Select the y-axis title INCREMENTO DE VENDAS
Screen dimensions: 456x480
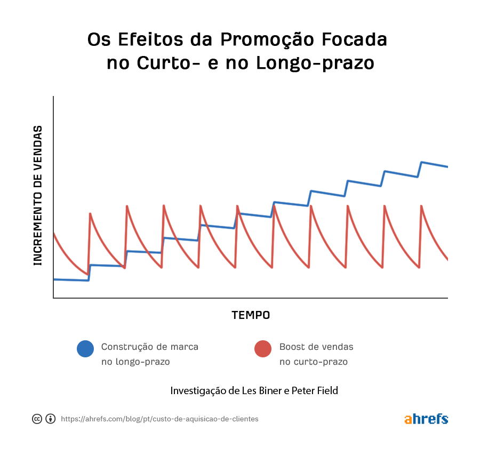click(38, 195)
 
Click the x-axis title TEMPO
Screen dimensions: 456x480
click(251, 315)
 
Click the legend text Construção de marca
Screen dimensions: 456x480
click(150, 347)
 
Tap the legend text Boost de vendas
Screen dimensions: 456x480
click(316, 347)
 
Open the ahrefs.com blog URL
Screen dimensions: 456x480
click(159, 419)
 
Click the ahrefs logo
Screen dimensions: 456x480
click(426, 419)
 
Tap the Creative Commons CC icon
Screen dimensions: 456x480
click(37, 419)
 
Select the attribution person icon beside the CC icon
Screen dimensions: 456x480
click(51, 419)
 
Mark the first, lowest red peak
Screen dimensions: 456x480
click(90, 214)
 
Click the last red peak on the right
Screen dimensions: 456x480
click(421, 205)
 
